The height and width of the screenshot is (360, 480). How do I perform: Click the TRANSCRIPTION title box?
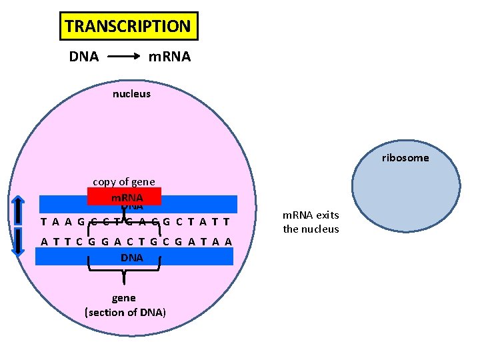pos(129,27)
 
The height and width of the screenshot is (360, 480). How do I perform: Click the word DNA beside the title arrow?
pos(84,57)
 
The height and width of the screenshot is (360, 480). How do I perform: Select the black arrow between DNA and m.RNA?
pos(123,57)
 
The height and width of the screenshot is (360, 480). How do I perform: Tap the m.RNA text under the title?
pos(169,57)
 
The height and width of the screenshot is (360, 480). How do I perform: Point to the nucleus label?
pos(131,94)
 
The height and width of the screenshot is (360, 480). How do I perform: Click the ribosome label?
pos(405,158)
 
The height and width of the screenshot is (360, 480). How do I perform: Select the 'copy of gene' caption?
pos(123,181)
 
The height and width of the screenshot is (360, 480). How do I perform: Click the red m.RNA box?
pos(123,197)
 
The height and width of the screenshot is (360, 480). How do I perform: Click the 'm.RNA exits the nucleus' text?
pos(311,222)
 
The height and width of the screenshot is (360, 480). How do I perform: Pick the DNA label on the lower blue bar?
pos(132,257)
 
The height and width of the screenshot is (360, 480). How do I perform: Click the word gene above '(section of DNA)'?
pos(124,298)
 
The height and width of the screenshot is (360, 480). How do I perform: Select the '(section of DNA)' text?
pos(125,312)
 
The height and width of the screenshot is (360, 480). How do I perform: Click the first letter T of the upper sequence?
pos(44,222)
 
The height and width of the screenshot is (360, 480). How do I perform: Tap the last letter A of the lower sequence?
pos(229,241)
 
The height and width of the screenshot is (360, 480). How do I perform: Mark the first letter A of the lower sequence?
pos(44,241)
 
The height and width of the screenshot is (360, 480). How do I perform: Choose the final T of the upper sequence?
pos(227,222)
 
